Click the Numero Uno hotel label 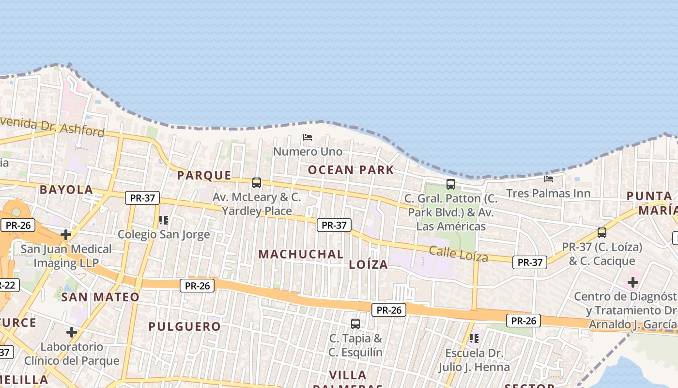pos(308,152)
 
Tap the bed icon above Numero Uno pos(308,137)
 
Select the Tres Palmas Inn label pos(548,194)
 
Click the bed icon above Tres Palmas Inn pos(549,178)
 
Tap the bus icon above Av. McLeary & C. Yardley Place pos(257,183)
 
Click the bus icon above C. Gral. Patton pos(451,184)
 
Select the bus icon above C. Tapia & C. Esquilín pos(355,323)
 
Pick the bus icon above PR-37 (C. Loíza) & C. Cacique pos(602,232)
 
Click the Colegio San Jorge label pos(164,235)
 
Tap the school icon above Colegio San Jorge pos(164,220)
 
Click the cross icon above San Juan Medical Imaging pos(66,235)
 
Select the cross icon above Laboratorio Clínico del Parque pos(72,332)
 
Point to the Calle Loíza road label pos(459,254)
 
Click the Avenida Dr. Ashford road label pos(53,127)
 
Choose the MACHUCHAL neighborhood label pos(301,254)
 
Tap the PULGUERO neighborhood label pos(185,326)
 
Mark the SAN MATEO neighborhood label pos(100,297)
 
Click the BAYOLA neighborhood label pos(66,190)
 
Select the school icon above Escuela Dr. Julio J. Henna pos(474,338)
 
